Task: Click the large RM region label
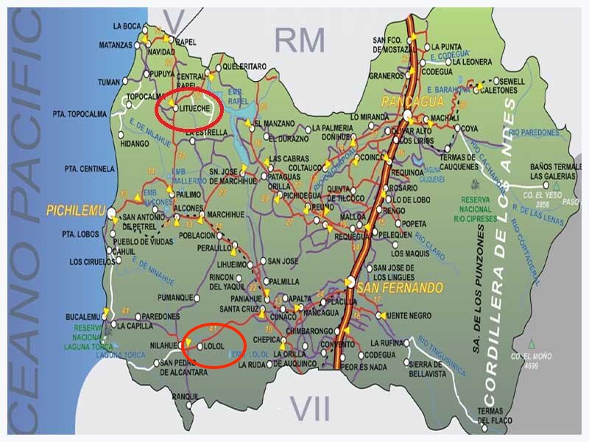click(x=300, y=41)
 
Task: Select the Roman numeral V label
click(x=174, y=21)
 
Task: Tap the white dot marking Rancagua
click(x=407, y=115)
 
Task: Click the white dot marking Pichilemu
click(x=110, y=214)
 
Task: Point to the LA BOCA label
click(x=127, y=26)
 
